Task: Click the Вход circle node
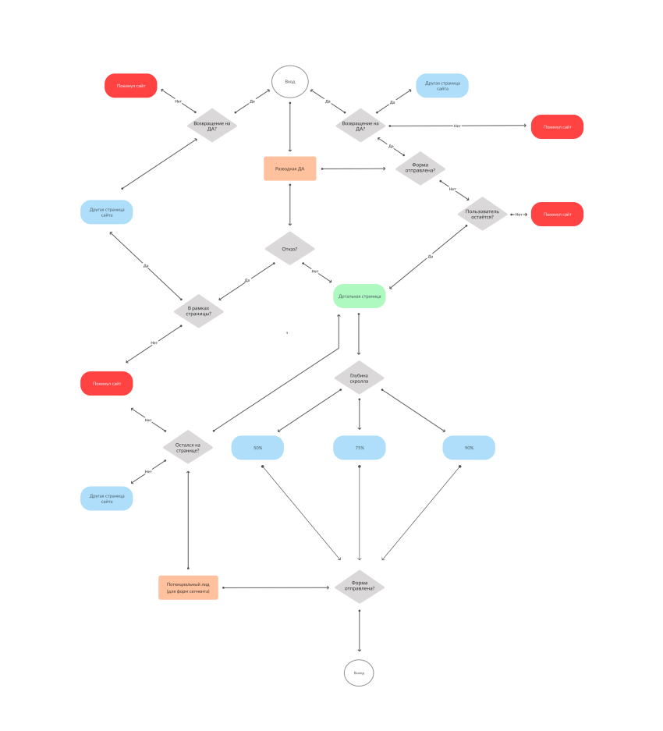[290, 82]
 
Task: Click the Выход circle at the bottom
[359, 672]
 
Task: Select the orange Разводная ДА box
[289, 169]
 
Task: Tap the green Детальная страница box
[360, 296]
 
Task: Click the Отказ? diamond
[289, 249]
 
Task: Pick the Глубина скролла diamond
[360, 378]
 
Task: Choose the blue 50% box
[257, 448]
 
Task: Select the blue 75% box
[360, 448]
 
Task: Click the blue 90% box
[469, 448]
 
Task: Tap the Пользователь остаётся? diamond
[483, 214]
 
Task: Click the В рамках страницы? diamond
[199, 310]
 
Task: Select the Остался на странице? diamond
[188, 447]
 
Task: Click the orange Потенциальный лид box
[188, 587]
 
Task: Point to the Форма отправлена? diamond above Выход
[360, 587]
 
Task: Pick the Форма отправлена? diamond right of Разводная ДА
[420, 168]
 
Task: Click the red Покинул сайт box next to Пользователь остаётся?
[557, 214]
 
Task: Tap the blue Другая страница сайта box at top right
[442, 85]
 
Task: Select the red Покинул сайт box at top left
[131, 86]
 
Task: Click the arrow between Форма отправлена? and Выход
[360, 630]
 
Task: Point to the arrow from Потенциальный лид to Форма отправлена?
[275, 587]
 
